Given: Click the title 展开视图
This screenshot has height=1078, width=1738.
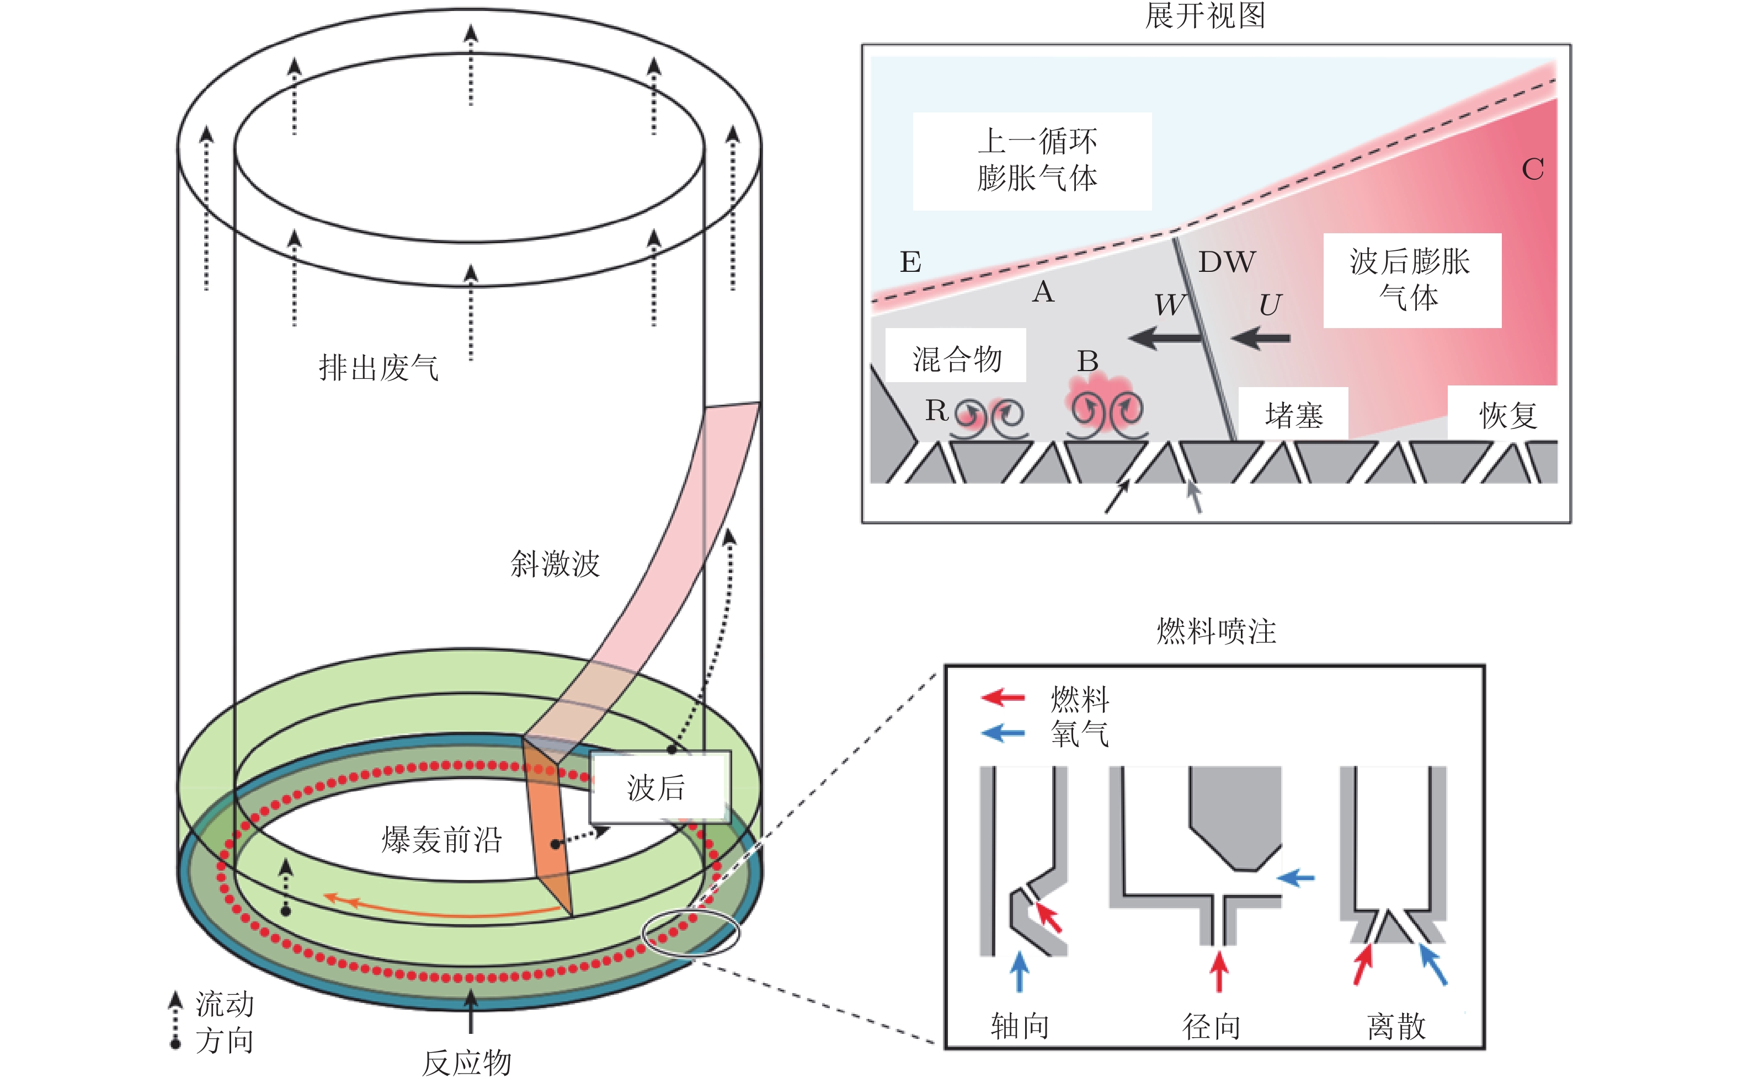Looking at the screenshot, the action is [1204, 15].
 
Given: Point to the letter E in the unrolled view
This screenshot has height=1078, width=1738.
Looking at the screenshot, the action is [910, 262].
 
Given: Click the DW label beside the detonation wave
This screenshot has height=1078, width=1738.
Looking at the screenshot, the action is [1227, 262].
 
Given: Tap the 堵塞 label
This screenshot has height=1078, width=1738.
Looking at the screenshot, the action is [1294, 414].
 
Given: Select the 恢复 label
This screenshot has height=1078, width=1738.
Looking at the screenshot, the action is [1507, 414].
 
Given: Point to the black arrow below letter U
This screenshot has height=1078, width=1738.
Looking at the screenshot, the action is [1260, 337].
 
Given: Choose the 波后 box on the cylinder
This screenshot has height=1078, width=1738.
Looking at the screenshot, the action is [660, 787].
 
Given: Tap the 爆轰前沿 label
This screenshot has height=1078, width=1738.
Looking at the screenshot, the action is [441, 839].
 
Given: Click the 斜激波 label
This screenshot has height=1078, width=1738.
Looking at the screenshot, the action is [555, 563].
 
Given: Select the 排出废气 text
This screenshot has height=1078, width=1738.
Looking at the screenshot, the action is [378, 367].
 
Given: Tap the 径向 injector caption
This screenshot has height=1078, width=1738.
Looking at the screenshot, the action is [1211, 1027].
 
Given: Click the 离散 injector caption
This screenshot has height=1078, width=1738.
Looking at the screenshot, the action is [1396, 1027].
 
